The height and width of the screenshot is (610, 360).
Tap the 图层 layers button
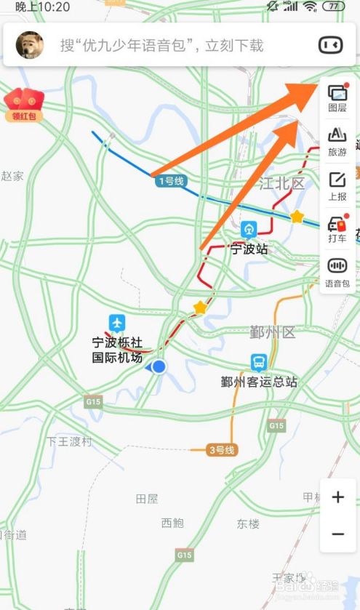(x=337, y=97)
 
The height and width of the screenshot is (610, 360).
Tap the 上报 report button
(x=337, y=185)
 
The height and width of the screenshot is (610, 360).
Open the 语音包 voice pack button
(x=337, y=272)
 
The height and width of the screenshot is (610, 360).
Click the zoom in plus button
(x=337, y=497)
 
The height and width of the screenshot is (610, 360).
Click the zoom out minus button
(x=337, y=534)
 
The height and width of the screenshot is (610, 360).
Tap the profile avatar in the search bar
(x=30, y=45)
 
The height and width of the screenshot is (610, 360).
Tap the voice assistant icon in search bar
(x=330, y=45)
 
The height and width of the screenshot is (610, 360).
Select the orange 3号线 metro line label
(x=221, y=450)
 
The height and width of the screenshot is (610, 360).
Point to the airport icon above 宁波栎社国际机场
(x=117, y=322)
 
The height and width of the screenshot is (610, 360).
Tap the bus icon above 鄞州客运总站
(x=259, y=362)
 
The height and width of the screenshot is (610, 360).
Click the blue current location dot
(x=159, y=367)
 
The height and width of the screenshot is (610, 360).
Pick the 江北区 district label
(x=282, y=183)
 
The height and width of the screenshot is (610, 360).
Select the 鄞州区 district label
(x=273, y=334)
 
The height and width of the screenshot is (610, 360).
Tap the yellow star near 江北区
(x=297, y=217)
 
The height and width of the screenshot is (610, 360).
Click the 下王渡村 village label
(x=70, y=441)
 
